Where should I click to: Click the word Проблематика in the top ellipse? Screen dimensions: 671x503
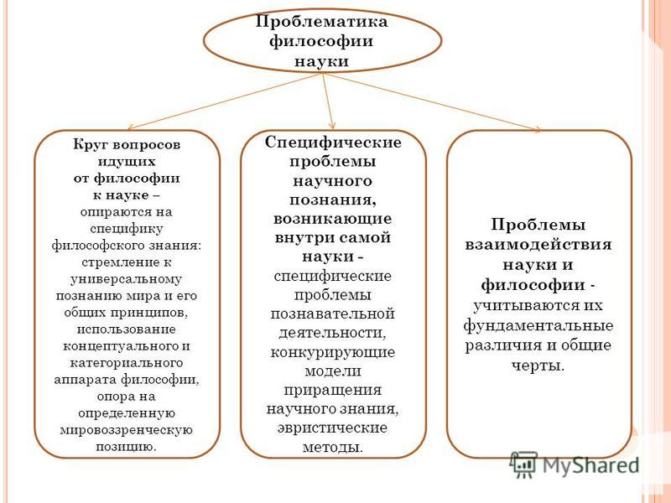coord(322,22)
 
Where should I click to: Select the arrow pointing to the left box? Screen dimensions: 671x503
coord(225,101)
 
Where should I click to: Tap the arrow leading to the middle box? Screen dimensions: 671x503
coord(328,101)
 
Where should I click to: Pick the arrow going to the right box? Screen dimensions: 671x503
coord(432,101)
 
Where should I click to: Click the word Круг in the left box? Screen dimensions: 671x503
coord(90,144)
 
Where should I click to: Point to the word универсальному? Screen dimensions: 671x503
coord(127,279)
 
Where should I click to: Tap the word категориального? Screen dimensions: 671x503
coord(127,363)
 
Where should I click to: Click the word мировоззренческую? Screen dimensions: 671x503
coord(127,430)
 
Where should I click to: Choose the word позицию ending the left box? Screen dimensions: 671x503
coord(123,447)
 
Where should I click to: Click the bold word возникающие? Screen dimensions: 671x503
coord(332,219)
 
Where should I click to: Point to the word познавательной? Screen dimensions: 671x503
coord(332,314)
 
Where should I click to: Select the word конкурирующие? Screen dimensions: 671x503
coord(332,352)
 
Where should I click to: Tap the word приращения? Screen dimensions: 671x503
coord(332,390)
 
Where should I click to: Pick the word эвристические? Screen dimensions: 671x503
coord(332,428)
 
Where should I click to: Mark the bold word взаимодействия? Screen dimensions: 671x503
coord(538,245)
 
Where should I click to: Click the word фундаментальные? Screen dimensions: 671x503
coord(538,326)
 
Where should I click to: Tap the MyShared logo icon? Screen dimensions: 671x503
coord(523,465)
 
